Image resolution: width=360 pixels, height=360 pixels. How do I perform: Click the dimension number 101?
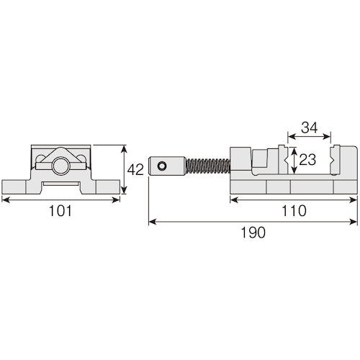(60, 212)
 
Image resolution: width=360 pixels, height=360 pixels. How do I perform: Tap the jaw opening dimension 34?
(310, 127)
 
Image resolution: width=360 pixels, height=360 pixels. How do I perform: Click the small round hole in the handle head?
(163, 167)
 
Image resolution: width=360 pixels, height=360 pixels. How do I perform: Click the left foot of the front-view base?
(16, 186)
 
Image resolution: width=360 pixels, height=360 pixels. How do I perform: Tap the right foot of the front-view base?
(106, 186)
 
